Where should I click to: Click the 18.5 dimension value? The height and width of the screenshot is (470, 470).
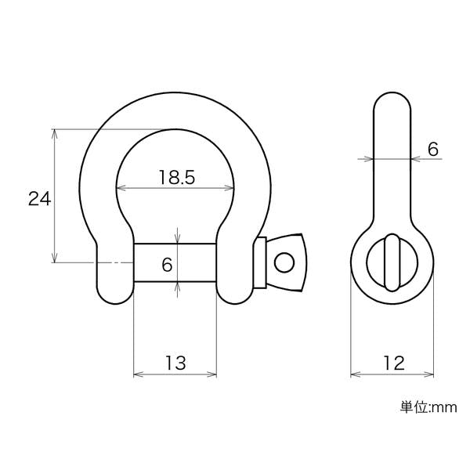(x=177, y=177)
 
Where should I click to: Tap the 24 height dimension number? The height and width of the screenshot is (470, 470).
(x=40, y=198)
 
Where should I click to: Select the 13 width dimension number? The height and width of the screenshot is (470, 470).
(x=175, y=363)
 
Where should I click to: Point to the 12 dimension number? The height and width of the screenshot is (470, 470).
(x=394, y=363)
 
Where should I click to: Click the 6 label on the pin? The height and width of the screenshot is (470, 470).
(x=167, y=265)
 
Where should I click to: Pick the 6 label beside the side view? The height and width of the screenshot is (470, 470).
(x=433, y=149)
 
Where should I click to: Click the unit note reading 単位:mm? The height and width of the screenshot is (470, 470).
(x=428, y=407)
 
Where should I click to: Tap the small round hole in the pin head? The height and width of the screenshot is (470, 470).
(x=284, y=262)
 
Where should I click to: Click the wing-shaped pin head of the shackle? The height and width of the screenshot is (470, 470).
(x=286, y=262)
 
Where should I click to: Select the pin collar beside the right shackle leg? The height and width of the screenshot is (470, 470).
(x=260, y=262)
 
